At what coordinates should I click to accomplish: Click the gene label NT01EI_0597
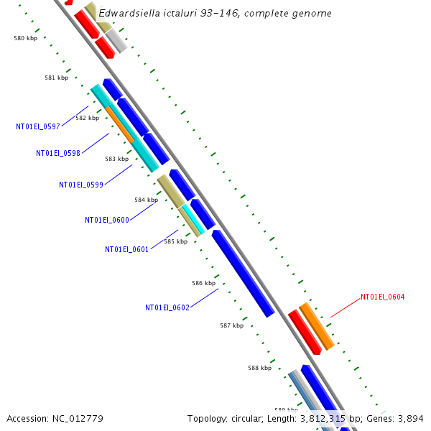38,126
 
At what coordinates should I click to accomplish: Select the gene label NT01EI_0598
58,153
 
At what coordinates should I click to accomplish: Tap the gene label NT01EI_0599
81,185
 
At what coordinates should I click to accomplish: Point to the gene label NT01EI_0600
107,221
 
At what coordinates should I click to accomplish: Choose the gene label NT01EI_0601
127,250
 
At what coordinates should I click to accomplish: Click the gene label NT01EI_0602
167,307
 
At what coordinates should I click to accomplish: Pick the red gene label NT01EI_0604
383,297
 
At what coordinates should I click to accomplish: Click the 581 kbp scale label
56,78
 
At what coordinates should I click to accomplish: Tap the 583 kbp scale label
116,159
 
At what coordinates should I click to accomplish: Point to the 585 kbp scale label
175,241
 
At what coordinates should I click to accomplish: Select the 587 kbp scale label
231,325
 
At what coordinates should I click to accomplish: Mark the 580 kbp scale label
26,38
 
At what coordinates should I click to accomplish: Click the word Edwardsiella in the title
130,13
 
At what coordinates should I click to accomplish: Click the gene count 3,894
411,418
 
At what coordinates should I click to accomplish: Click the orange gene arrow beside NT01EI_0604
316,325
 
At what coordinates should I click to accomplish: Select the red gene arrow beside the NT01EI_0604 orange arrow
305,332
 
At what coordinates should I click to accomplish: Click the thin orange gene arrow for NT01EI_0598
120,124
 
